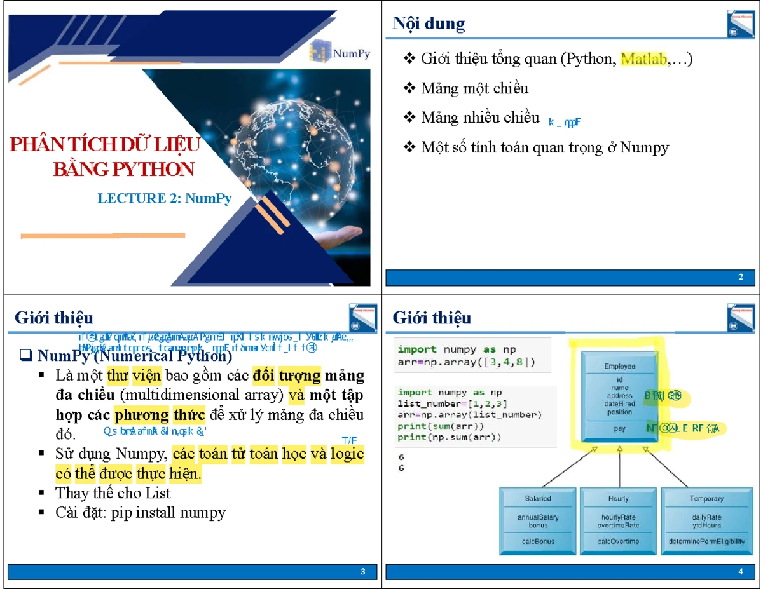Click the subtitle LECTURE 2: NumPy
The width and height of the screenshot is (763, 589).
pos(164,198)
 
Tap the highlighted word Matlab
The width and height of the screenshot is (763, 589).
pos(643,59)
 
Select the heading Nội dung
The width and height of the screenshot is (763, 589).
pos(429,24)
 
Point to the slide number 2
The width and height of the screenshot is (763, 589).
pos(741,278)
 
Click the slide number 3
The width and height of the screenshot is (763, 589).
pos(362,572)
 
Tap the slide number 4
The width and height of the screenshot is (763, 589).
pos(741,572)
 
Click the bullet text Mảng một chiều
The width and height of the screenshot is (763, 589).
pos(474,88)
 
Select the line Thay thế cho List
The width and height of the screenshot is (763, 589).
pos(113,493)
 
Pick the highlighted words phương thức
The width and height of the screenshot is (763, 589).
pos(160,416)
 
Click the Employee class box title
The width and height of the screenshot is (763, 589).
pos(619,366)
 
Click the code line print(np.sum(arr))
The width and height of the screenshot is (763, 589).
pos(450,437)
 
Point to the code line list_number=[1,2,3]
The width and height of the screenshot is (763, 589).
pos(452,404)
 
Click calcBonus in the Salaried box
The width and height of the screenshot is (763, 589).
pos(538,541)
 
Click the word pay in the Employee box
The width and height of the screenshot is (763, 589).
pos(619,429)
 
